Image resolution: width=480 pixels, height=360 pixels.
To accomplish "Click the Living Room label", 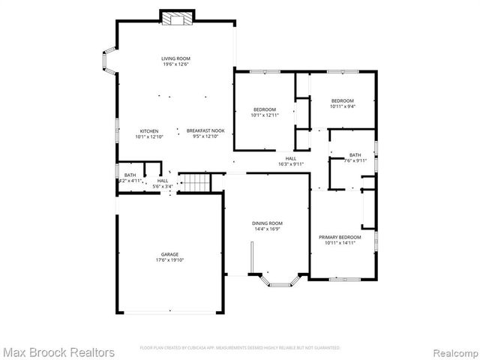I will (175, 58).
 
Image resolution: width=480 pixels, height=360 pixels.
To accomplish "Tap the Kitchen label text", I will (148, 130).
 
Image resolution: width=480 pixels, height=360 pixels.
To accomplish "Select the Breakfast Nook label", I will (204, 130).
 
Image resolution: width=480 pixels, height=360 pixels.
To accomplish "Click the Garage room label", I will (169, 254).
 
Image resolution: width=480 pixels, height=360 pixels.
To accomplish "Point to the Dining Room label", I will (267, 223).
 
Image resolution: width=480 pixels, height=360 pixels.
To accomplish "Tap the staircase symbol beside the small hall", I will (196, 181).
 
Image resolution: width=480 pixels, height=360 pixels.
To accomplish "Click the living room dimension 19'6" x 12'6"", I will (175, 64).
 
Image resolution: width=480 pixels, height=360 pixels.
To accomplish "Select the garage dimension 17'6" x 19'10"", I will (169, 260).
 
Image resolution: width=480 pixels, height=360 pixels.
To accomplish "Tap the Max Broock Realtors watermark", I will (58, 352).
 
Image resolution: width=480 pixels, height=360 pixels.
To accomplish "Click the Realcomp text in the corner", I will (453, 352).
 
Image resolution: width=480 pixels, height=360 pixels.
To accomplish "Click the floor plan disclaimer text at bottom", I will (240, 348).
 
